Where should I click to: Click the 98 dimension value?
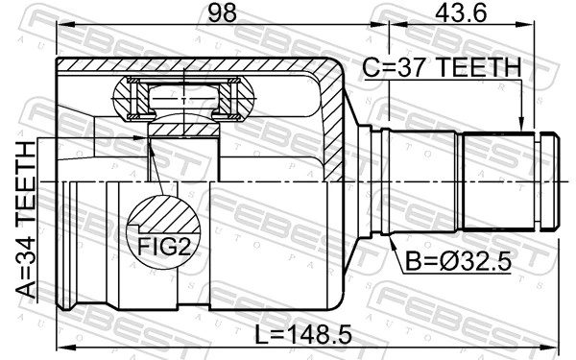coord(221,13)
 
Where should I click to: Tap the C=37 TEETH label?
coord(442,68)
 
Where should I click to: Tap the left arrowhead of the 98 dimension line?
coord(61,30)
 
